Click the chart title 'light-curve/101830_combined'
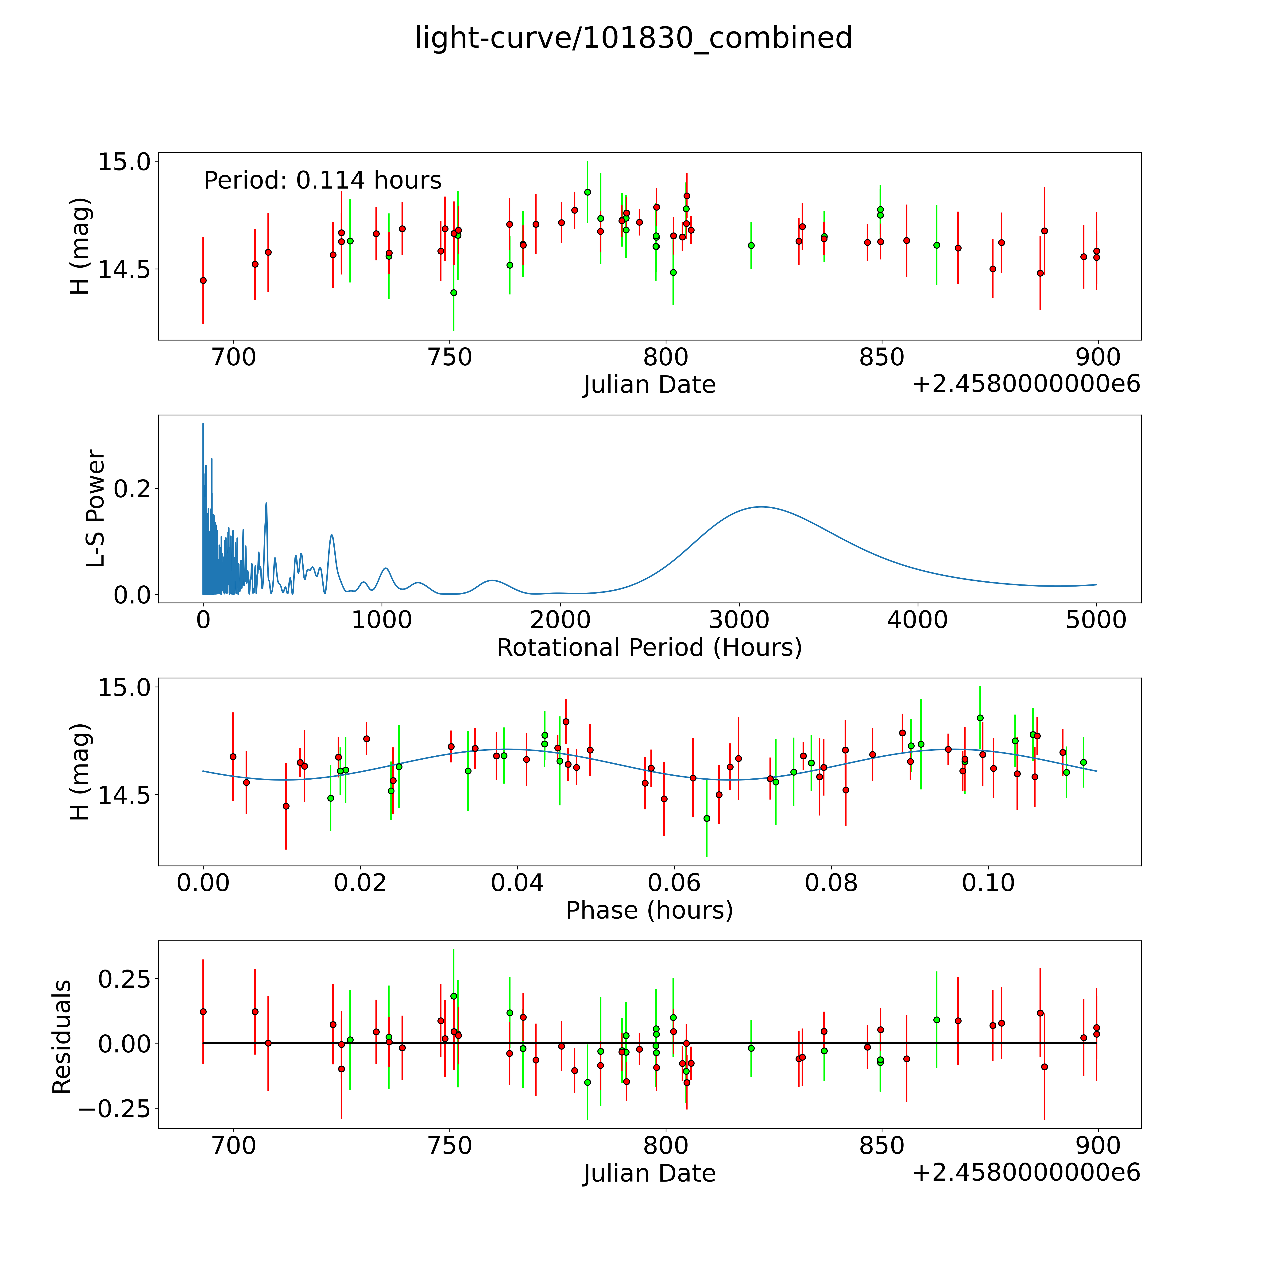pyautogui.click(x=633, y=38)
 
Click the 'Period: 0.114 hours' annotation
pyautogui.click(x=322, y=181)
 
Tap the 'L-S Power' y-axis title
pyautogui.click(x=96, y=509)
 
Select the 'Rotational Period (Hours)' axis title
pyautogui.click(x=649, y=648)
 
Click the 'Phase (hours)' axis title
pyautogui.click(x=649, y=910)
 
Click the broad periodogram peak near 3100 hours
pyautogui.click(x=761, y=507)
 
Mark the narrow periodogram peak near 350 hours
pyautogui.click(x=266, y=503)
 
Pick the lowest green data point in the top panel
pyautogui.click(x=453, y=293)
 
